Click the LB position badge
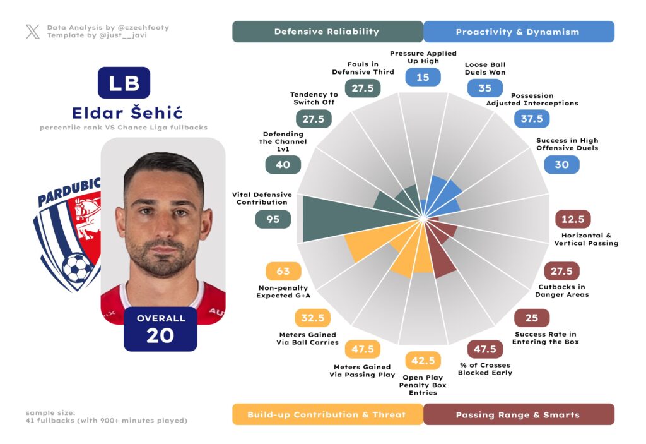point(124,83)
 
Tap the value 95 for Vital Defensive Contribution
point(273,219)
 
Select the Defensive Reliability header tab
point(327,32)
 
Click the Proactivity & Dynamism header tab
point(518,32)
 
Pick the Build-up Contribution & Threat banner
point(327,414)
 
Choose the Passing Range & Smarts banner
point(518,414)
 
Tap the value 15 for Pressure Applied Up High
point(423,77)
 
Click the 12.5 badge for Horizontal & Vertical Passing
point(572,219)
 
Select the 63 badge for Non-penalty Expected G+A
point(283,272)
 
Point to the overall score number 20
point(160,335)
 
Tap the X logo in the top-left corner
point(33,32)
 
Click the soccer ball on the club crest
point(77,267)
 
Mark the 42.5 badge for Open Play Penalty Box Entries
point(423,361)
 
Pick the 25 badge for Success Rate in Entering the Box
point(531,318)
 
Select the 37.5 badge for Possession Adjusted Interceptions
point(532,119)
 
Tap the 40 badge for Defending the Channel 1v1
point(283,164)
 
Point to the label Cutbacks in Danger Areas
point(561,291)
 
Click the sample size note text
point(106,417)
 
